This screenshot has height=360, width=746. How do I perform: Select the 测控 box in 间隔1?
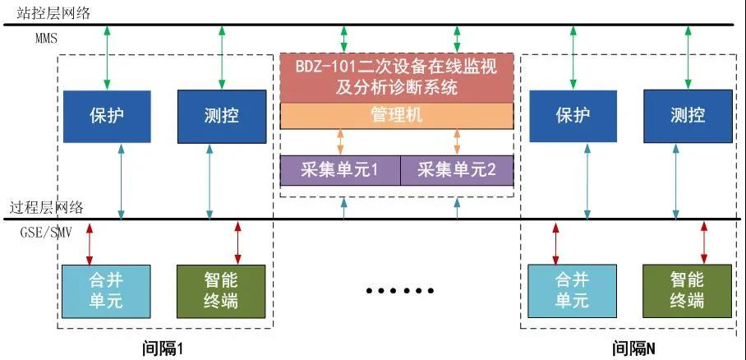click(x=221, y=116)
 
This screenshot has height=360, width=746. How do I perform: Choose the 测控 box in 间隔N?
click(x=687, y=116)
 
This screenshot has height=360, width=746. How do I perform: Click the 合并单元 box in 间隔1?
click(x=106, y=290)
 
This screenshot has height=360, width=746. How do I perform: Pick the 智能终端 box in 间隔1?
click(x=221, y=290)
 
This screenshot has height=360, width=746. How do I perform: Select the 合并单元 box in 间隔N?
click(x=572, y=290)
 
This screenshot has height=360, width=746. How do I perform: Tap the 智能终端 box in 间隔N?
click(x=687, y=290)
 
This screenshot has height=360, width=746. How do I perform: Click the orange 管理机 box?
click(x=397, y=115)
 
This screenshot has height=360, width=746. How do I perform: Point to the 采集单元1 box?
click(x=340, y=170)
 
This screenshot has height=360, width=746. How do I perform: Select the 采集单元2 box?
click(x=456, y=170)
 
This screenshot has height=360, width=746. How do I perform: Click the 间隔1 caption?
click(x=162, y=348)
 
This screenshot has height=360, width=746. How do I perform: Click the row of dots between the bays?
click(x=398, y=291)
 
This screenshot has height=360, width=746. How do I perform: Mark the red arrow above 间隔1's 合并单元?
click(x=90, y=242)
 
